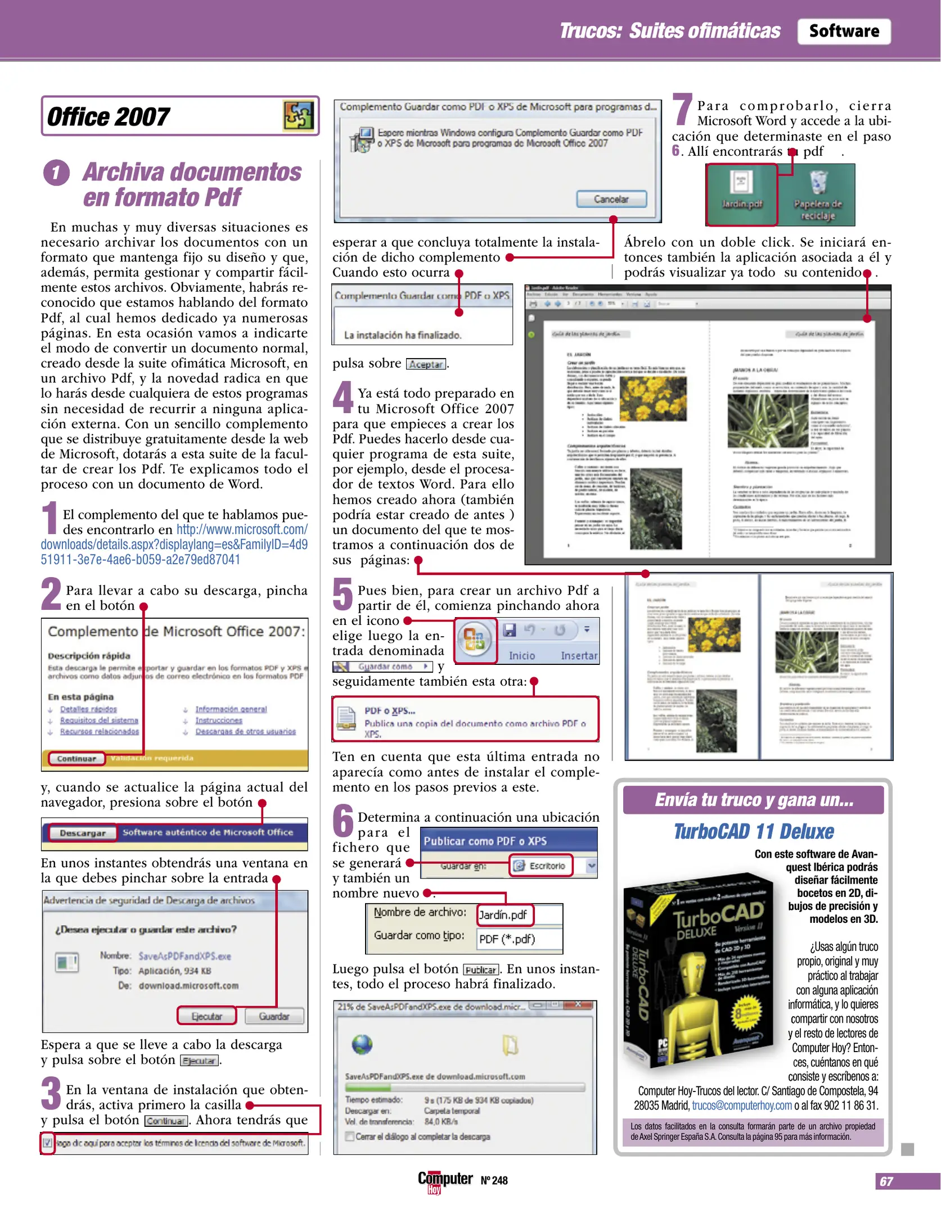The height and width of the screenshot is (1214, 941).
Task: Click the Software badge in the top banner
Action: pyautogui.click(x=843, y=31)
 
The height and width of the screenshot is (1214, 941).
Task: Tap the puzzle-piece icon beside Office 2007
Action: pyautogui.click(x=298, y=116)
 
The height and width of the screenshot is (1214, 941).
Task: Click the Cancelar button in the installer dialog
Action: pyautogui.click(x=611, y=200)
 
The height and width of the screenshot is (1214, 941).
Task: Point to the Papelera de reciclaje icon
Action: pyautogui.click(x=817, y=194)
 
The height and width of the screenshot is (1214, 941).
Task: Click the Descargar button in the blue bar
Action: pyautogui.click(x=83, y=832)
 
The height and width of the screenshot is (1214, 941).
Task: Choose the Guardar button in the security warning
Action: pyautogui.click(x=274, y=1016)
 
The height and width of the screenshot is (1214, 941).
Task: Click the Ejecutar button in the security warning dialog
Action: pyautogui.click(x=206, y=1016)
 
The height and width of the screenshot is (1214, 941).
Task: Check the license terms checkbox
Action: pyautogui.click(x=48, y=1143)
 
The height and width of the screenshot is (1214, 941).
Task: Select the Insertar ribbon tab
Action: pyautogui.click(x=578, y=656)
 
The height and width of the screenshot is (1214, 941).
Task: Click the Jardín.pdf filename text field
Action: pyautogui.click(x=504, y=915)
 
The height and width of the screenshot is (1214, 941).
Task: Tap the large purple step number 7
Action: pyautogui.click(x=682, y=110)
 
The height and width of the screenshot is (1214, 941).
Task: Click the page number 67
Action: pyautogui.click(x=886, y=1181)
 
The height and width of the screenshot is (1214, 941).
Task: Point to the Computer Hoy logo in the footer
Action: pyautogui.click(x=444, y=1181)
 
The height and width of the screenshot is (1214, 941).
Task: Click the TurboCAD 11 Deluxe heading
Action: pyautogui.click(x=754, y=831)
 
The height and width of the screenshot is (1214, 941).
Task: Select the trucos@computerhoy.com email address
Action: pyautogui.click(x=741, y=1106)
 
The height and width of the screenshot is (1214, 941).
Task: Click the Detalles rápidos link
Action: pyautogui.click(x=88, y=709)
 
